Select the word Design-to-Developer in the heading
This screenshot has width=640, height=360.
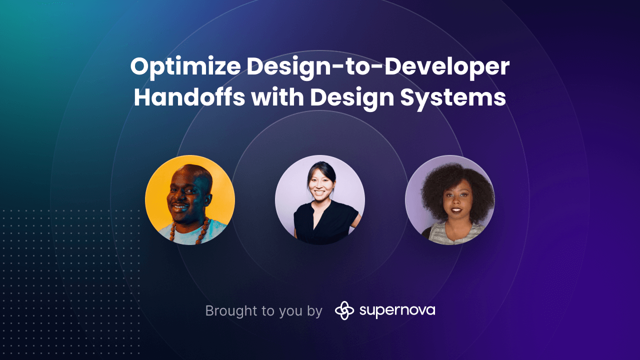(x=378, y=68)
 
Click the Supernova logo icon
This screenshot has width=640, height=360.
(x=344, y=310)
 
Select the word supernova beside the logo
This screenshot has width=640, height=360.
(x=397, y=310)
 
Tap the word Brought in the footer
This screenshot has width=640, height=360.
(x=231, y=311)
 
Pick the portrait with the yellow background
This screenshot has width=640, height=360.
(x=189, y=199)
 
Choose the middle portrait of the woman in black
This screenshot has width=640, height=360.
(x=319, y=199)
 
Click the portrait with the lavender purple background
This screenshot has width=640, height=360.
(x=449, y=199)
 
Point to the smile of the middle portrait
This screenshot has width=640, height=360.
(x=318, y=192)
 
